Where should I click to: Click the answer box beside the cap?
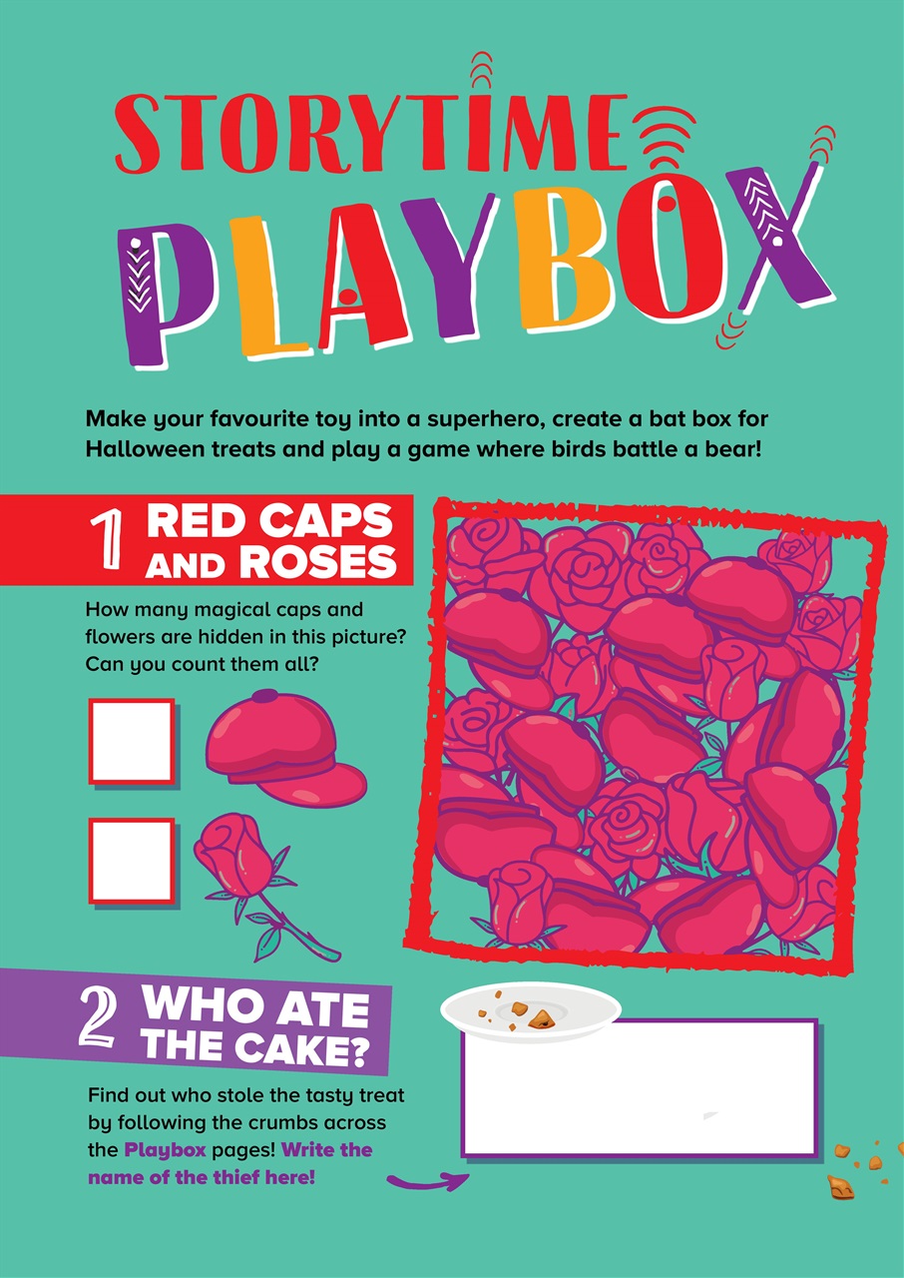point(132,741)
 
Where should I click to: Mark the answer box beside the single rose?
point(132,861)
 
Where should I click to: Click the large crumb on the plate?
point(542,1017)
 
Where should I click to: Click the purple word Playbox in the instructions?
point(165,1149)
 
